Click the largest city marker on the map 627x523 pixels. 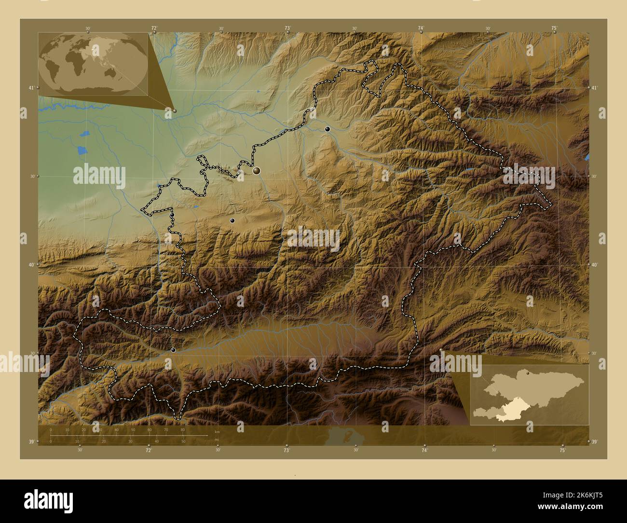tap(256, 170)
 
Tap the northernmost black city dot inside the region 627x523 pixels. tap(327, 129)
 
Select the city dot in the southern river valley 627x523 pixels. tap(173, 350)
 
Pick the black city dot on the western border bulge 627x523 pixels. tap(172, 215)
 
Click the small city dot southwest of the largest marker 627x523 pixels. tap(232, 220)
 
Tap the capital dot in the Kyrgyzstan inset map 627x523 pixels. tap(529, 373)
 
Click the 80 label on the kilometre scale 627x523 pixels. tap(183, 429)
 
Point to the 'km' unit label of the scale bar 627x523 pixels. tap(217, 432)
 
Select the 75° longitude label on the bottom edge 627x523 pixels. tap(562, 450)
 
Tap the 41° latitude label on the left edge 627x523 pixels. tap(30, 88)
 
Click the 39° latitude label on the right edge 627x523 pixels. tap(595, 441)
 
